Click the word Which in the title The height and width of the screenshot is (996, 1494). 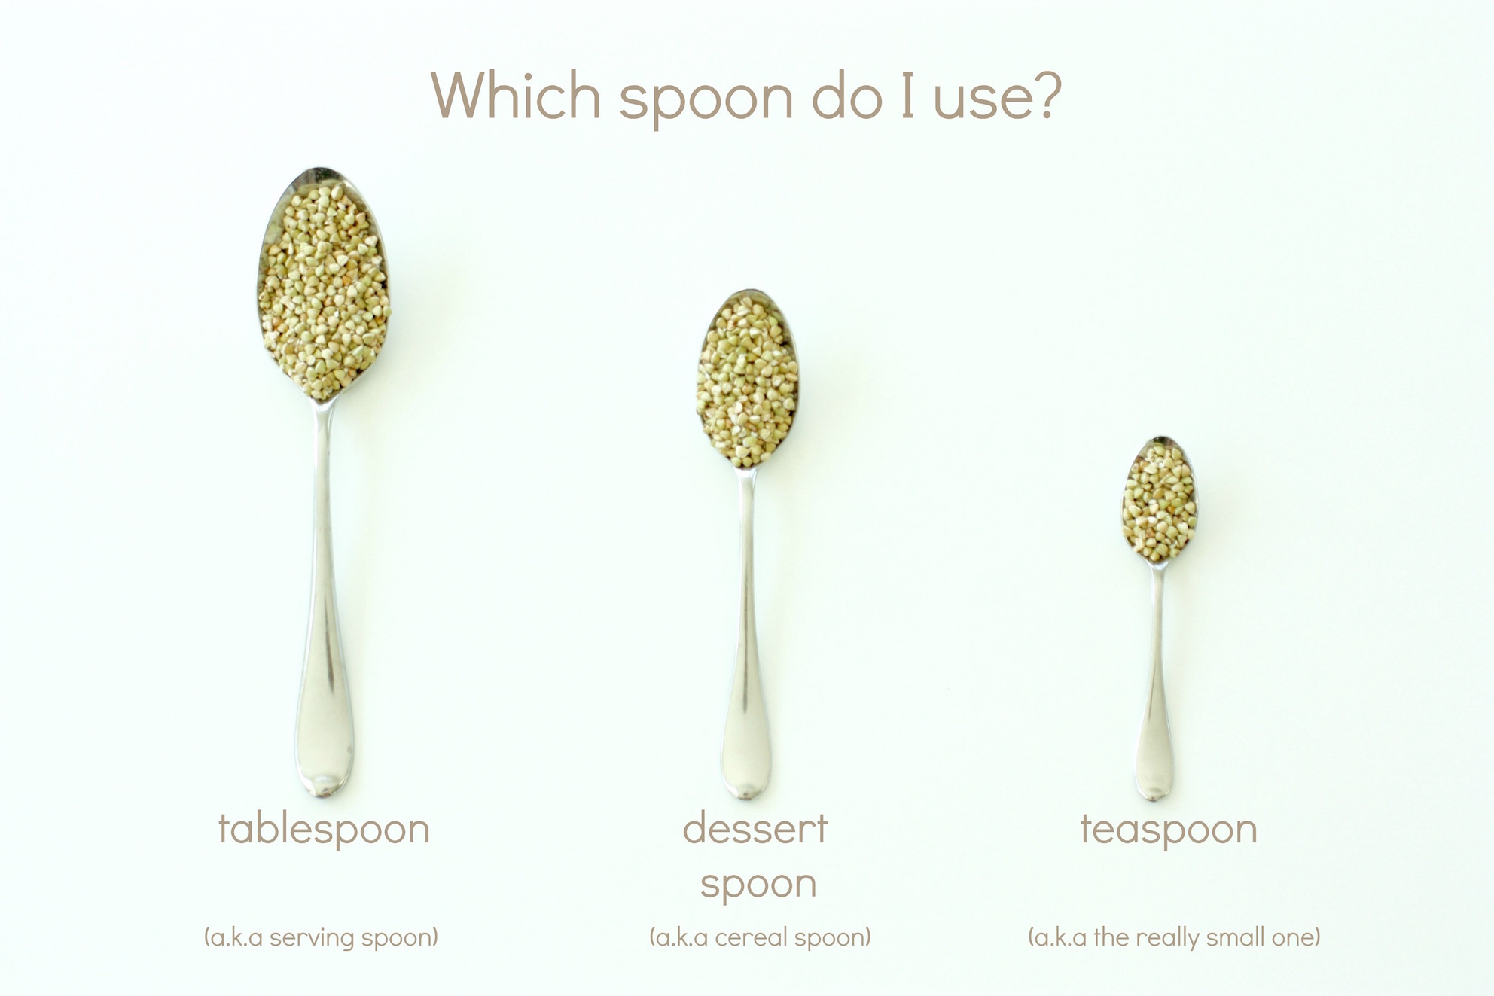point(516,96)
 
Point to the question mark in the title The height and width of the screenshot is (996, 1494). point(1043,95)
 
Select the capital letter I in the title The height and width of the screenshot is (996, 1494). point(907,96)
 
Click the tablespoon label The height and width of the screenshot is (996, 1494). point(324,830)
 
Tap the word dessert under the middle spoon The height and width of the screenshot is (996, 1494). point(755,829)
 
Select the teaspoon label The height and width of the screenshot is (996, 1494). point(1169,830)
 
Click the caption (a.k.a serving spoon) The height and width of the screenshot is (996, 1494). point(321,937)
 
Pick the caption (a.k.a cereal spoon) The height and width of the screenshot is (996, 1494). point(760,937)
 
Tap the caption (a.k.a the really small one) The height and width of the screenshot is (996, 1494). point(1174,937)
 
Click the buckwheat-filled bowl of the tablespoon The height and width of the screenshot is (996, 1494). point(324,286)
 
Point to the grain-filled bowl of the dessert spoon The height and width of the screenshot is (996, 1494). point(747,380)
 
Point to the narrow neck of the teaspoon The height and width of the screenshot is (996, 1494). point(1158,583)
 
